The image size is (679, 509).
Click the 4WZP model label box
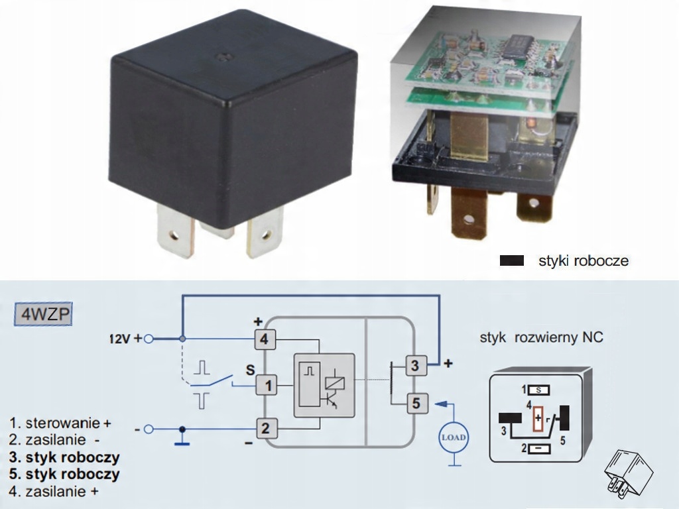pos(43,314)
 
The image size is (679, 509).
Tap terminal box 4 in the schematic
pos(264,339)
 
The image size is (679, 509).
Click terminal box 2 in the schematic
pos(265,429)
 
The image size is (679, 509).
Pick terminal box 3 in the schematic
pos(415,366)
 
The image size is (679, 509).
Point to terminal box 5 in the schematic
pos(416,404)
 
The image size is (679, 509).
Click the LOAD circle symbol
pos(454,437)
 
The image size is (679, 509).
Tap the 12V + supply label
pos(125,339)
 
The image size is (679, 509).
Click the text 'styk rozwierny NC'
pos(541,337)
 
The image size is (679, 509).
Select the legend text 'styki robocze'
pos(584,261)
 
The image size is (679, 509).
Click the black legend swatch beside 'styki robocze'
pos(512,260)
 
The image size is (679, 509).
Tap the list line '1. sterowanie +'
pos(60,423)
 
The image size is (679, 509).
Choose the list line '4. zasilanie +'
pos(54,492)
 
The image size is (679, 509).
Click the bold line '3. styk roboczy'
pos(64,457)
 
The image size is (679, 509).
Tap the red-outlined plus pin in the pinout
pos(538,419)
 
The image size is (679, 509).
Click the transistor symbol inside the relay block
pos(330,401)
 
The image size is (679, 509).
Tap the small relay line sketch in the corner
pos(628,473)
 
